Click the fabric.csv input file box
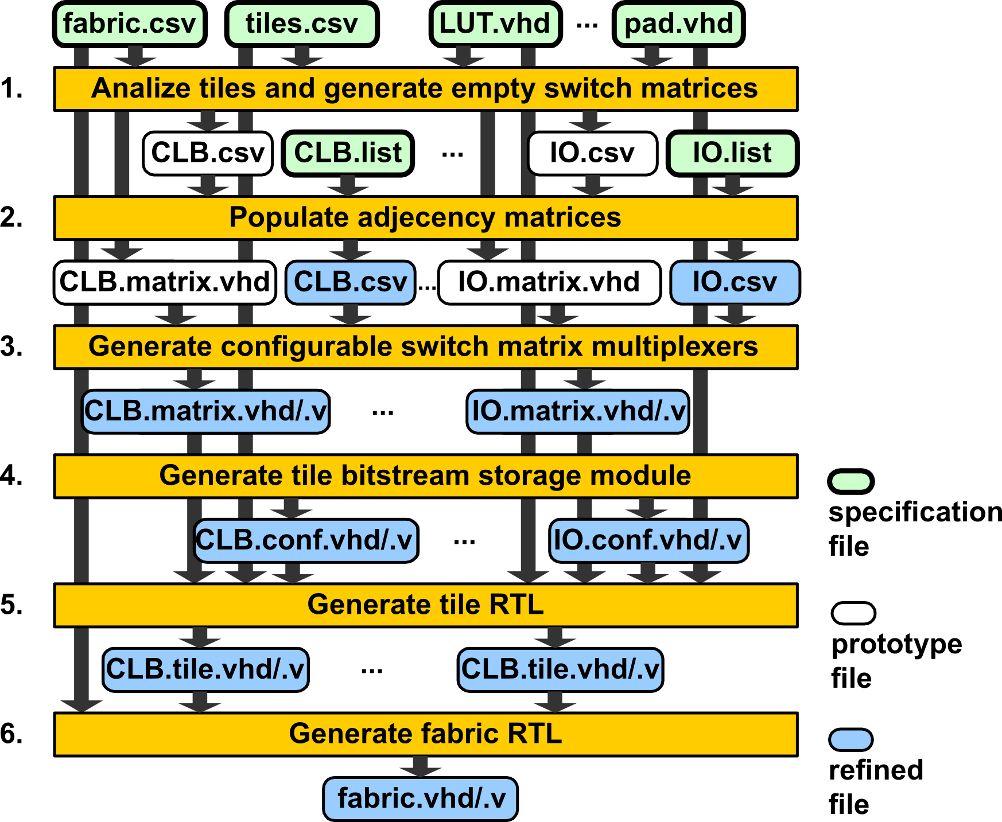click(130, 24)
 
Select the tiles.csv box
click(302, 24)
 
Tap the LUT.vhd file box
click(495, 24)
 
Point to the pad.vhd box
click(678, 24)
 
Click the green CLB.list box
click(348, 153)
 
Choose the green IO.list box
click(732, 153)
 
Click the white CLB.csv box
click(208, 153)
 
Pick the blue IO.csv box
click(735, 282)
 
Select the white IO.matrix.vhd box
click(549, 282)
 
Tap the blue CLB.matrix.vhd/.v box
click(205, 411)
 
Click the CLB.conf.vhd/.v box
click(305, 540)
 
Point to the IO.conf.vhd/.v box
click(648, 540)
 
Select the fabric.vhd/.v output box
click(421, 798)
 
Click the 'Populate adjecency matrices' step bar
click(425, 218)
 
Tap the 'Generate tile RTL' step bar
click(425, 605)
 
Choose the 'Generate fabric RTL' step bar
click(425, 734)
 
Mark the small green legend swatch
click(851, 481)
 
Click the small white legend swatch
click(853, 613)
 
